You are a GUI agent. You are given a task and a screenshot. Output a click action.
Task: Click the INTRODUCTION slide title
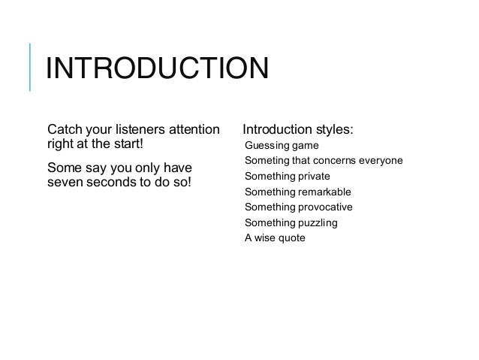(x=156, y=70)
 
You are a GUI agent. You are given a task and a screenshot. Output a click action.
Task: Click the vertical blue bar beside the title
(x=30, y=68)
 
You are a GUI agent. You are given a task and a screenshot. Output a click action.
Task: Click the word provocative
(x=325, y=207)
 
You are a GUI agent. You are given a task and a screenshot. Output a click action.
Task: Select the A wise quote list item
(x=275, y=238)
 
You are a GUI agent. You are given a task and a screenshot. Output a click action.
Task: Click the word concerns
(x=334, y=160)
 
